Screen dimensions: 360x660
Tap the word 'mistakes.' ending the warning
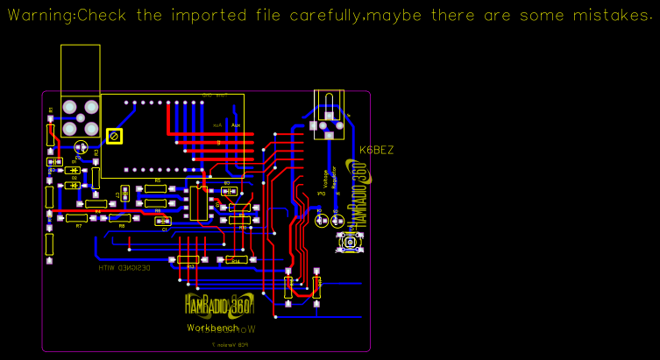(619, 16)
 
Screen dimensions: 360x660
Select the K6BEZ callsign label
(377, 150)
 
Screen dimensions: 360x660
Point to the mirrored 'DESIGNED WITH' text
(124, 267)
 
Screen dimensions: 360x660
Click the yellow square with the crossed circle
(114, 136)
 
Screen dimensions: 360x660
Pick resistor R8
(119, 218)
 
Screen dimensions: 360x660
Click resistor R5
(158, 187)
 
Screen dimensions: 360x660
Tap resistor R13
(188, 259)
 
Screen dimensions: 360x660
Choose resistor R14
(235, 260)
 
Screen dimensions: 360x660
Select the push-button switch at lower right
(352, 242)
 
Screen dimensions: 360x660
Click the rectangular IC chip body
(199, 203)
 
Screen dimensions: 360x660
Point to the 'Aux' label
(235, 125)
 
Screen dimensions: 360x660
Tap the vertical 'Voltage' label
(326, 179)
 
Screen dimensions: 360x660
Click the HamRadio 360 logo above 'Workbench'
(219, 305)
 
